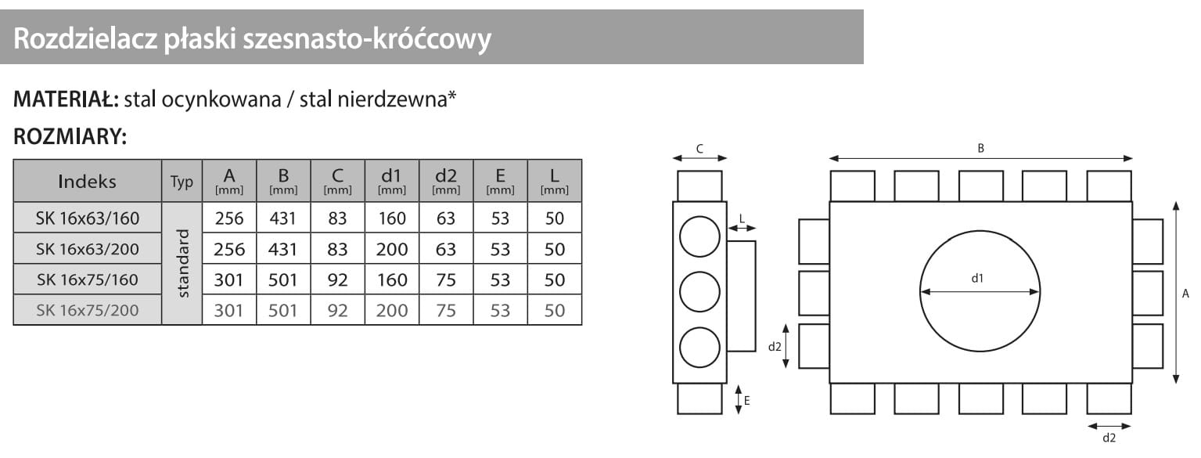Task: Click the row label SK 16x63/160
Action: tap(87, 218)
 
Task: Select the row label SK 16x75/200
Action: tap(87, 310)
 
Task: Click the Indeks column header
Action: tap(87, 182)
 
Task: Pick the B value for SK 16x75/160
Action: tap(282, 279)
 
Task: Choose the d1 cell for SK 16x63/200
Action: tap(391, 249)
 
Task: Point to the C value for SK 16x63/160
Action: tap(337, 218)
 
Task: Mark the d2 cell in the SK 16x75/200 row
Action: tap(446, 310)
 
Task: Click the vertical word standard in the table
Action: tap(183, 263)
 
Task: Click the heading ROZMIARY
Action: tap(70, 136)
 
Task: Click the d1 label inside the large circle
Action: tap(977, 278)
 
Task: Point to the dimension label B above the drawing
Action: tap(980, 148)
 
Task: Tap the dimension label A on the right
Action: tap(1185, 294)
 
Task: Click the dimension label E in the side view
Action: tap(747, 400)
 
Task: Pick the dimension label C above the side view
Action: tap(699, 148)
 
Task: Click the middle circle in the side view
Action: tap(699, 292)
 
